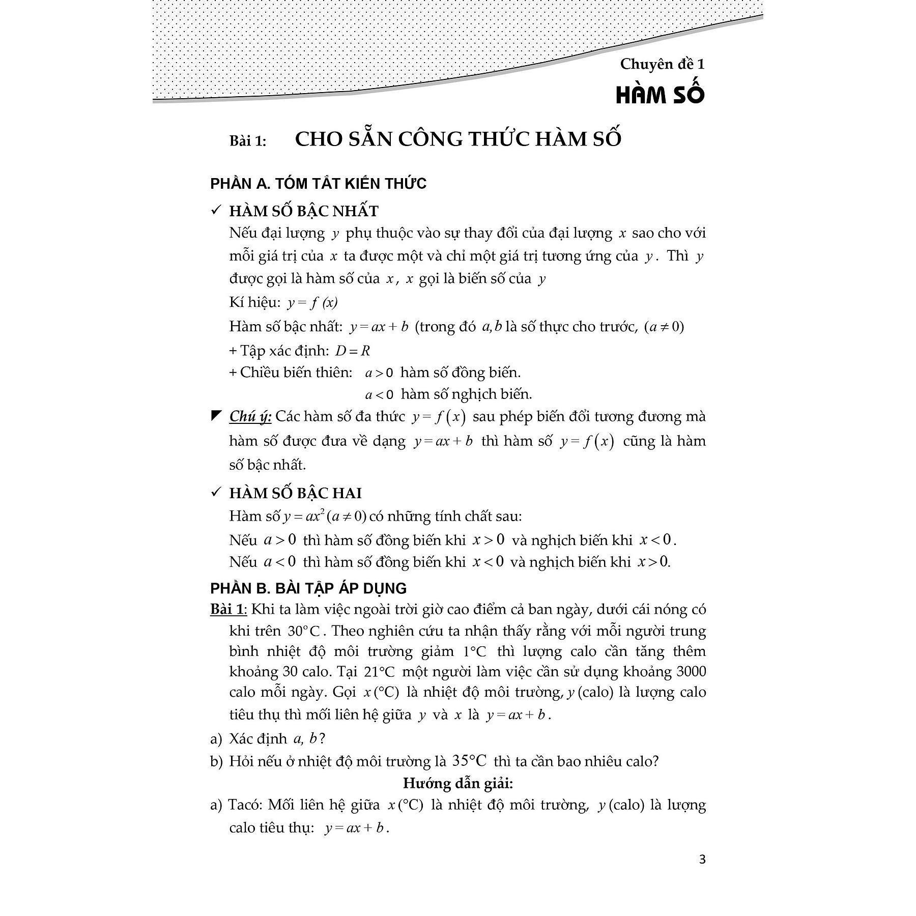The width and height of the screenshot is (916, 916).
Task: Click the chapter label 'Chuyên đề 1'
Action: click(x=662, y=64)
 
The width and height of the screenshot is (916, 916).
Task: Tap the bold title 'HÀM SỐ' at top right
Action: click(x=660, y=95)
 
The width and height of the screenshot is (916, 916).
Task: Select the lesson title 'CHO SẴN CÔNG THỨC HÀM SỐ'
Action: click(x=458, y=139)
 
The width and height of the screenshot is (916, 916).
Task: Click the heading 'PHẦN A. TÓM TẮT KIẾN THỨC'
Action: click(x=318, y=184)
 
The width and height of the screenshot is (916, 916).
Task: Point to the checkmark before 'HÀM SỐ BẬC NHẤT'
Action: click(x=216, y=211)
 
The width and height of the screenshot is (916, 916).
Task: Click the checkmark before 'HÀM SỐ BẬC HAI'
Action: click(x=216, y=493)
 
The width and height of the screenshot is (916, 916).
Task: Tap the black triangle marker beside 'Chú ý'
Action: click(x=216, y=416)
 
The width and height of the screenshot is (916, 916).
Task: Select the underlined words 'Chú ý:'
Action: click(x=250, y=416)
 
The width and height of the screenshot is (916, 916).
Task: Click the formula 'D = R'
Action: click(x=352, y=351)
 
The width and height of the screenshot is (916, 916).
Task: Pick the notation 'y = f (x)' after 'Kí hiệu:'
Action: click(x=312, y=303)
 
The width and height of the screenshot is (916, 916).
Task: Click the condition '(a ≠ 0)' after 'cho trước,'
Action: click(x=664, y=327)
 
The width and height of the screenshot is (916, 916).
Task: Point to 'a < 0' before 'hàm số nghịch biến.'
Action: click(x=380, y=394)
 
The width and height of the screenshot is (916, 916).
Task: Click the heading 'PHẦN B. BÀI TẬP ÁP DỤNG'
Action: click(x=308, y=588)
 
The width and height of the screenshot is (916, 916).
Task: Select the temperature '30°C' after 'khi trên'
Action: click(x=303, y=631)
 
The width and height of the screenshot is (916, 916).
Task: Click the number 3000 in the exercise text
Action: click(x=691, y=672)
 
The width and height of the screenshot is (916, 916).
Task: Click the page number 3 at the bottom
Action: click(x=702, y=860)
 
